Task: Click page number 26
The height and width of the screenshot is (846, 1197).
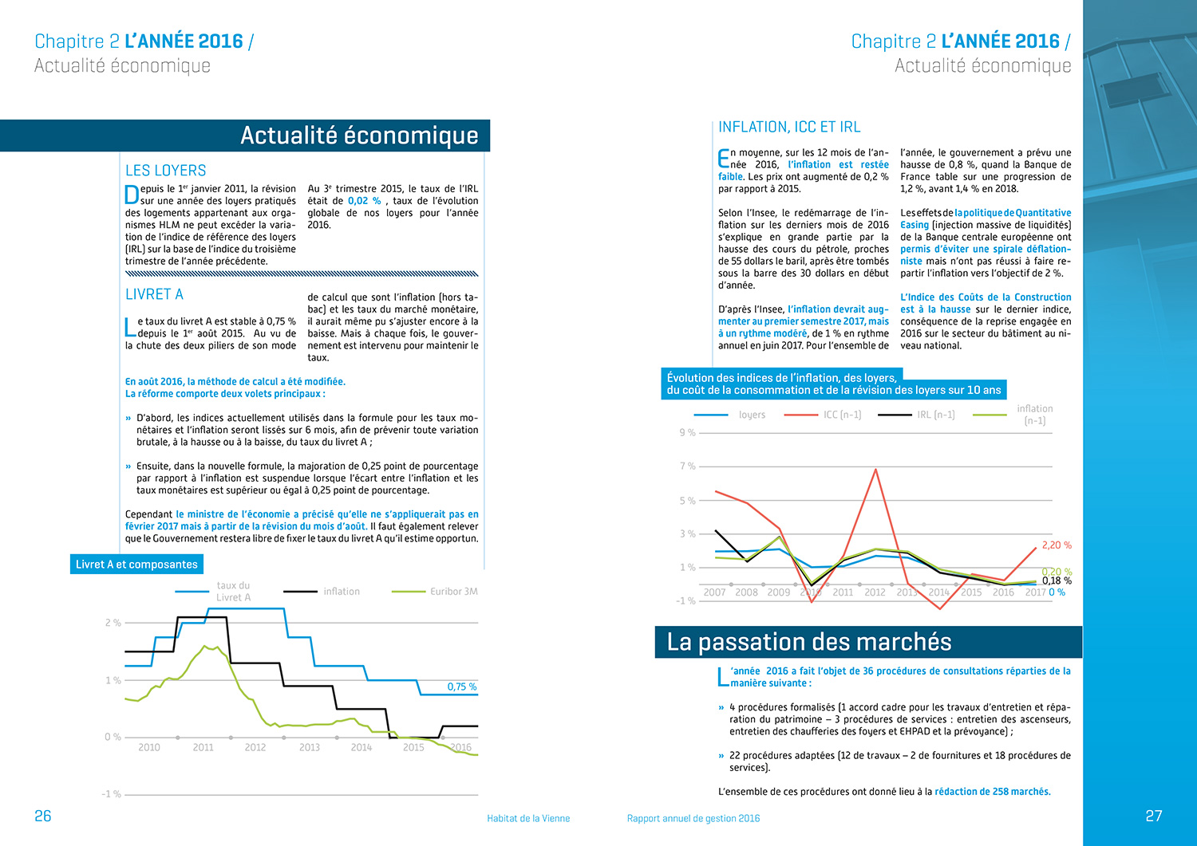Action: click(x=43, y=816)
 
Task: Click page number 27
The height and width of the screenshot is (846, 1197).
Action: click(x=1153, y=816)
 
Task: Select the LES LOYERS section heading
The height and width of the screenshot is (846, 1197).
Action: click(x=166, y=171)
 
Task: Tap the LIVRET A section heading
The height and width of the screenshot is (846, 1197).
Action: click(x=154, y=294)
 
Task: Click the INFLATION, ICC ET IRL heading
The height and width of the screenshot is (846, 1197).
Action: click(x=788, y=127)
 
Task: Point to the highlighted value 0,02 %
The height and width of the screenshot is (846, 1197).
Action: click(x=364, y=201)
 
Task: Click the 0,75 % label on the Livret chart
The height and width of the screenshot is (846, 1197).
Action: click(x=461, y=687)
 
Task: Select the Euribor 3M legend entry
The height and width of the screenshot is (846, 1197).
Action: click(x=453, y=592)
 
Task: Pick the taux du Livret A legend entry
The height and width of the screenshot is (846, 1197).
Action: click(x=233, y=592)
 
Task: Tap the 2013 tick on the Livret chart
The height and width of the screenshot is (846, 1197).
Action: click(x=310, y=747)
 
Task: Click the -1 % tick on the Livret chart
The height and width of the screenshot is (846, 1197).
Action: click(x=111, y=794)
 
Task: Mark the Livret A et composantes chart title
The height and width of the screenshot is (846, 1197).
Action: click(x=136, y=565)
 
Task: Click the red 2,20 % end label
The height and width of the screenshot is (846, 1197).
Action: click(x=1056, y=545)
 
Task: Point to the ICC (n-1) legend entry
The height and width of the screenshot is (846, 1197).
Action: click(x=842, y=415)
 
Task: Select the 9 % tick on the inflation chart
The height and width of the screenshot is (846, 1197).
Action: click(x=687, y=432)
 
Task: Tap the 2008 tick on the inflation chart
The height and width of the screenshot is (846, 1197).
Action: click(x=746, y=592)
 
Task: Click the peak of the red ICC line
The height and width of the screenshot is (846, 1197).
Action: click(x=876, y=469)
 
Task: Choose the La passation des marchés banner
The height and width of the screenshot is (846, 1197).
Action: click(x=809, y=642)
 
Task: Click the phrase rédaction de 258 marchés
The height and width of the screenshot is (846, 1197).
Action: click(x=992, y=792)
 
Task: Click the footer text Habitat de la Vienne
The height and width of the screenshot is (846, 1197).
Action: click(x=528, y=818)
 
